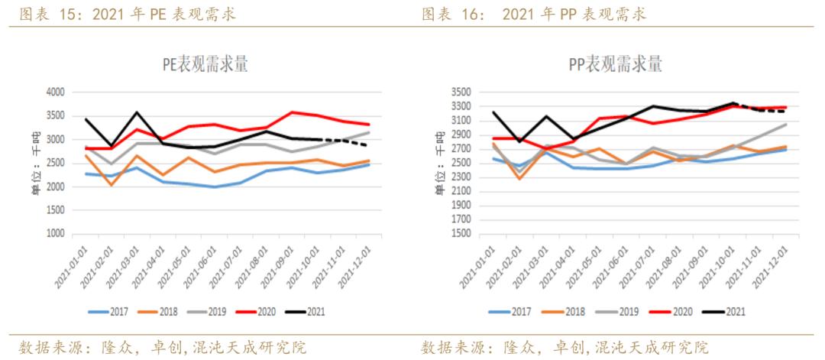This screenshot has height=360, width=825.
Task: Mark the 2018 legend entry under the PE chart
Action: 163,312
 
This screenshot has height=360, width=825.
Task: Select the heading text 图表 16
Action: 453,14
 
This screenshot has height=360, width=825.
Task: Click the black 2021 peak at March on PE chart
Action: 136,112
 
